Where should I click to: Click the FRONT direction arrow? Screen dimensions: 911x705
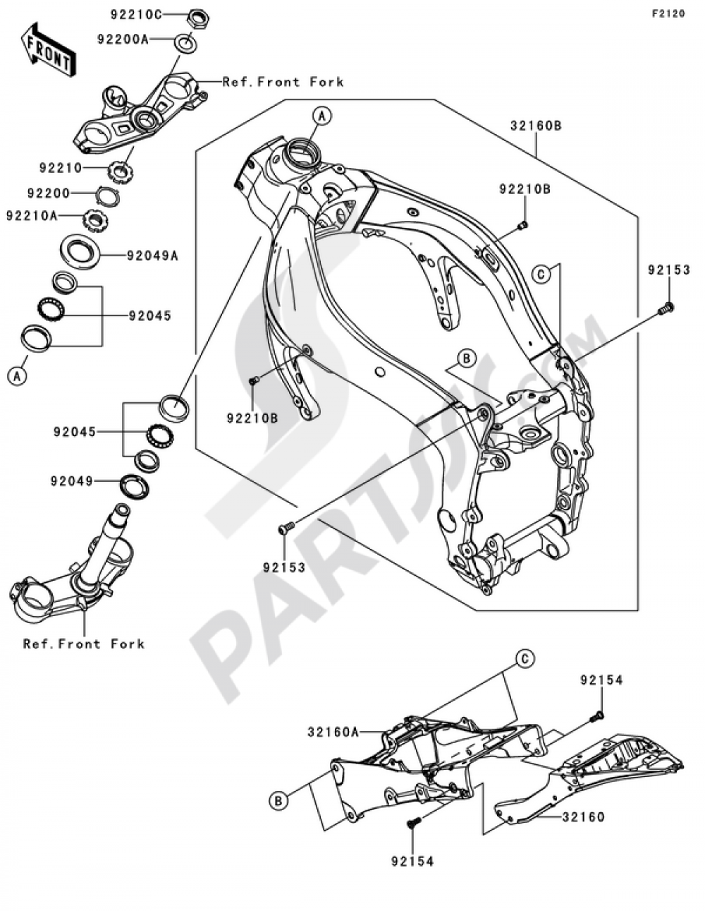[49, 50]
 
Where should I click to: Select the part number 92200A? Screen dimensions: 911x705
[123, 40]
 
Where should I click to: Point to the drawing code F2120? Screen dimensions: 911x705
[668, 13]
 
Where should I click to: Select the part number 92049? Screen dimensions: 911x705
[71, 481]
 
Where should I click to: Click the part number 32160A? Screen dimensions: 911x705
[333, 732]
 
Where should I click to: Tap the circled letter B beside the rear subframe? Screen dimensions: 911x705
[279, 800]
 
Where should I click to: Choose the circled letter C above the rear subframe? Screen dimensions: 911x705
[524, 659]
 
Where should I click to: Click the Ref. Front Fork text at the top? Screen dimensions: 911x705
[283, 82]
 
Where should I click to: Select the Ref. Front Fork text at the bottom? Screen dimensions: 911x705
[83, 644]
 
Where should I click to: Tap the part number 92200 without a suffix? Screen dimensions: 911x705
[49, 193]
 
